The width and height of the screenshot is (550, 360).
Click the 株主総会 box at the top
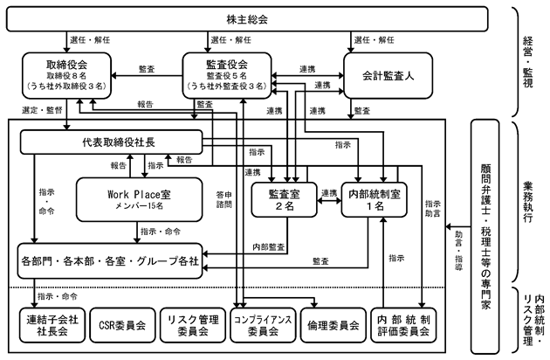coord(247,19)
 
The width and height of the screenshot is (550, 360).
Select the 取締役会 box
coord(66,75)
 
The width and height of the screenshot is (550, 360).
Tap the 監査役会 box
coord(227,75)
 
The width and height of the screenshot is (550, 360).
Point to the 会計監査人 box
coord(388,75)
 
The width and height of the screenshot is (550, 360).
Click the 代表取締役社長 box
coord(112,142)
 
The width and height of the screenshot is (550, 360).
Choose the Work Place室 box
coord(140,199)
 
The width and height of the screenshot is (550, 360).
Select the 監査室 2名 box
coord(284,199)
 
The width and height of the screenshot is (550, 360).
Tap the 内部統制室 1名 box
coord(375,199)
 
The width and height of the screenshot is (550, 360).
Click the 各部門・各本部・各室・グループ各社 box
coord(110,261)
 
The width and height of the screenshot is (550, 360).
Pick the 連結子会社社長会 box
coord(52,325)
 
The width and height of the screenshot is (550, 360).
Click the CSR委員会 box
coord(122,325)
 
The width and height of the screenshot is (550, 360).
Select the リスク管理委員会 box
coord(193,325)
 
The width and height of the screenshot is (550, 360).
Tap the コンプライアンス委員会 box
coord(263,325)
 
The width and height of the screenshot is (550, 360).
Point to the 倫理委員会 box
coord(333,325)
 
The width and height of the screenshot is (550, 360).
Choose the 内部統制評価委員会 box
coord(403,325)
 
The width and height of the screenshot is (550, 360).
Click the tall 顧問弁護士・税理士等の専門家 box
coord(485,237)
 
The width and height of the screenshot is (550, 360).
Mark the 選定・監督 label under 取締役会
coord(42,110)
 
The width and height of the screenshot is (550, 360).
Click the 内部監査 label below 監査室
coord(269,247)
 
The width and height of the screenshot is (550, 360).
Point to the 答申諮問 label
coord(224,199)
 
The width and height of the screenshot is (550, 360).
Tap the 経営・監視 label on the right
coord(528,62)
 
